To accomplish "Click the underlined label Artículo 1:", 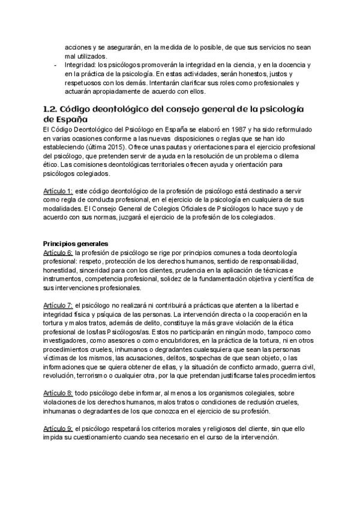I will click(x=58, y=190).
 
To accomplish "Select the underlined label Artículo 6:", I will click(x=58, y=253).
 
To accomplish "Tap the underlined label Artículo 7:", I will click(x=58, y=306).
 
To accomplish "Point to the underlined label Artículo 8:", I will click(x=58, y=392).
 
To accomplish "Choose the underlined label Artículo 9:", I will click(x=58, y=428).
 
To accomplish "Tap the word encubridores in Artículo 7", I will click(x=154, y=341).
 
